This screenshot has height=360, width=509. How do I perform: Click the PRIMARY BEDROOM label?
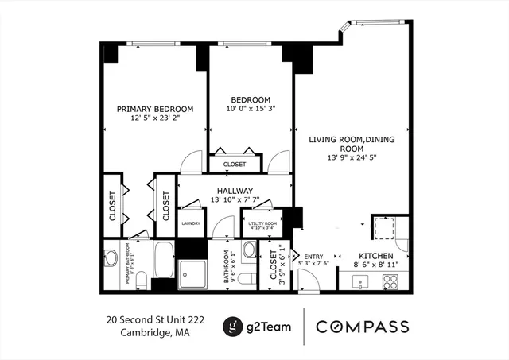click(155, 110)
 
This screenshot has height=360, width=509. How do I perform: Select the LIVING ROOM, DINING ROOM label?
click(352, 144)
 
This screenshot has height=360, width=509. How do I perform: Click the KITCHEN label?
click(374, 257)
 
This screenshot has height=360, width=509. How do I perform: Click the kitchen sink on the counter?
click(359, 281)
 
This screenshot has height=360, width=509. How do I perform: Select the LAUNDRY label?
click(190, 224)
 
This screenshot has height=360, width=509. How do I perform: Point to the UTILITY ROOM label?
click(259, 224)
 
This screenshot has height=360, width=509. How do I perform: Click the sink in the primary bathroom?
click(111, 257)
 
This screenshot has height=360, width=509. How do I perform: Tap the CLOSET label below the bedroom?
click(235, 165)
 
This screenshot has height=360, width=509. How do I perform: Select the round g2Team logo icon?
click(232, 327)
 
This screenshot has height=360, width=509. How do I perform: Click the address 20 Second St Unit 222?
click(155, 319)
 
